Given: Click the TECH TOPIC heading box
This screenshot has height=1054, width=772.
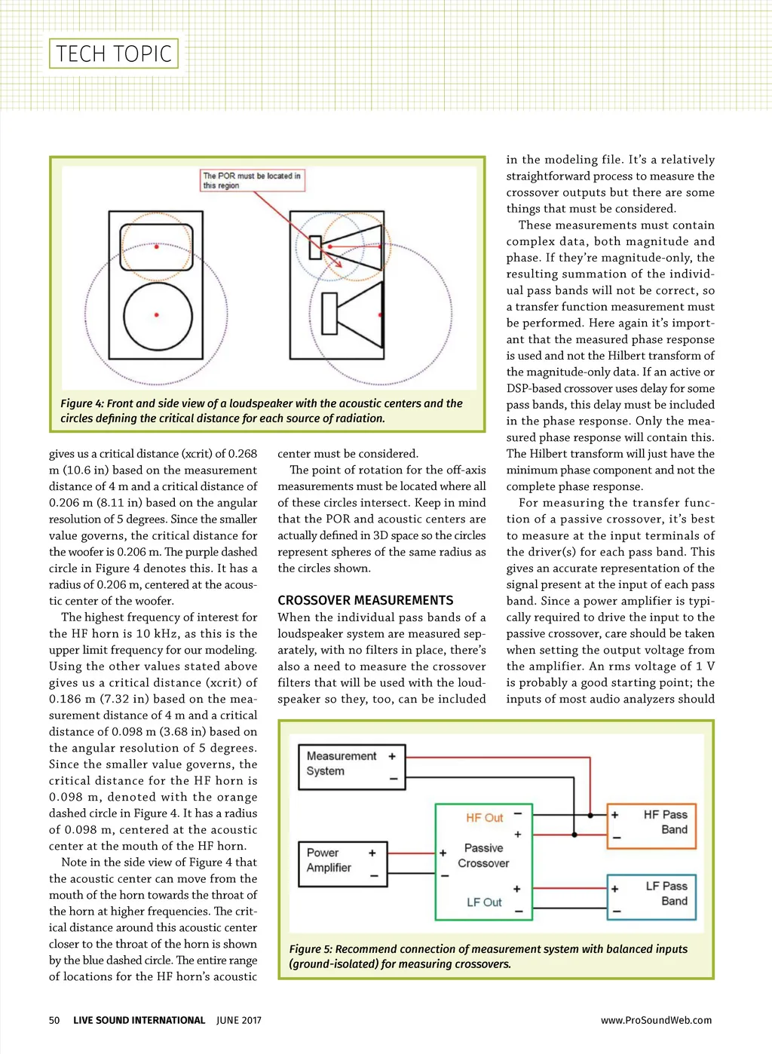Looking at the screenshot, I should click(x=114, y=54).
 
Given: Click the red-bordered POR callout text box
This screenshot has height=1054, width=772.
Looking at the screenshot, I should click(x=253, y=180).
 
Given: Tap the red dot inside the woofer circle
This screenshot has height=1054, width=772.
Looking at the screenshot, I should click(x=157, y=314).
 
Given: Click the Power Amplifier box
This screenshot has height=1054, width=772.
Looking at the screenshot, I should click(x=342, y=863).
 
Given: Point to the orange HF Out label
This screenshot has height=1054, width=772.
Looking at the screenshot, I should click(x=484, y=818).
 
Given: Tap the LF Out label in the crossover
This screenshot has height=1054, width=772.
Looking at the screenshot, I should click(x=484, y=902).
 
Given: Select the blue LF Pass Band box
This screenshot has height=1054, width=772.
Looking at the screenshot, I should click(x=651, y=896).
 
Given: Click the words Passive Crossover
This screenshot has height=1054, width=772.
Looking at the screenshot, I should click(x=483, y=856).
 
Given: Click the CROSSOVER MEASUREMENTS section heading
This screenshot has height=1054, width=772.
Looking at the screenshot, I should click(x=366, y=601).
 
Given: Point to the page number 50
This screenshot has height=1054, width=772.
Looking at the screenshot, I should click(x=54, y=1021).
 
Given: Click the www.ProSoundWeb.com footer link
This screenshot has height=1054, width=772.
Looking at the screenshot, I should click(x=656, y=1021).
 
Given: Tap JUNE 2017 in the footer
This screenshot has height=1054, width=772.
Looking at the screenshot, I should click(x=239, y=1021).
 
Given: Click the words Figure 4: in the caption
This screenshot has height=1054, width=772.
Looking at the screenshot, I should click(x=82, y=404).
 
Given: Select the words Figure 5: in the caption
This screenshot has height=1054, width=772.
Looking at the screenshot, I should click(x=311, y=949).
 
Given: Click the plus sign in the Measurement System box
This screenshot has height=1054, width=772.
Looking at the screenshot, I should click(x=392, y=756).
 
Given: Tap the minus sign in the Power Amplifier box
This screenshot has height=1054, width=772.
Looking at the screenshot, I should click(x=373, y=875).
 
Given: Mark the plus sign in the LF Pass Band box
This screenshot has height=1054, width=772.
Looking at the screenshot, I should click(x=615, y=889).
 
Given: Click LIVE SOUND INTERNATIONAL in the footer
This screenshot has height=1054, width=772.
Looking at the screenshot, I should click(x=139, y=1021).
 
